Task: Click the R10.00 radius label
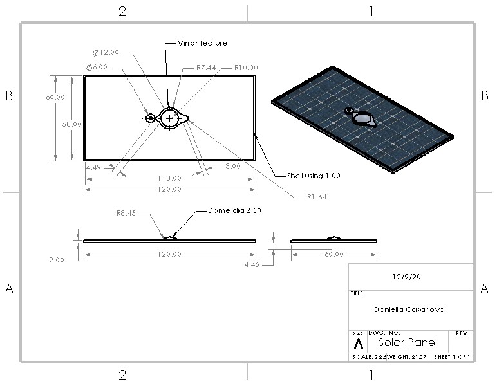(245, 67)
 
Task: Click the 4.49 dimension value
(94, 166)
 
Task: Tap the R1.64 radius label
(317, 197)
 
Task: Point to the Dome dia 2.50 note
(234, 210)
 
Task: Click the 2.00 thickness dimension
(57, 260)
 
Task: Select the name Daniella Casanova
(409, 309)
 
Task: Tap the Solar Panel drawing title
(407, 342)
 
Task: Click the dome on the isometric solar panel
(364, 119)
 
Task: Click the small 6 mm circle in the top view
(150, 118)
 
